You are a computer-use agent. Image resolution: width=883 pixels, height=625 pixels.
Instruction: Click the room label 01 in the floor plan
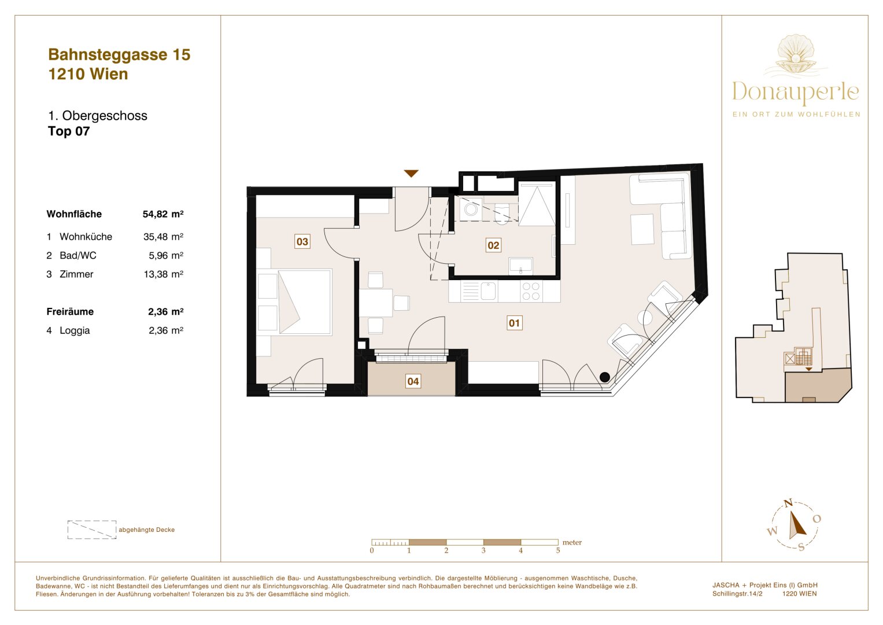click(514, 323)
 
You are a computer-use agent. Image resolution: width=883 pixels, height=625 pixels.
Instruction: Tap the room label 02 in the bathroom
click(493, 245)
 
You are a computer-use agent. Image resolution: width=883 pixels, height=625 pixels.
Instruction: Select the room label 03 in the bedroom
click(302, 241)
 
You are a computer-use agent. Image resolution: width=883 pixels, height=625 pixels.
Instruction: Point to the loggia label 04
click(413, 381)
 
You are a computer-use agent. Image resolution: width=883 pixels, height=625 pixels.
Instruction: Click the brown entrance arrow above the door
click(411, 174)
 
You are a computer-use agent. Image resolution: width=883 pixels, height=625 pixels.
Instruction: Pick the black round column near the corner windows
click(605, 377)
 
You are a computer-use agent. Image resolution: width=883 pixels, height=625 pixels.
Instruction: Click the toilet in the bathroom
click(502, 212)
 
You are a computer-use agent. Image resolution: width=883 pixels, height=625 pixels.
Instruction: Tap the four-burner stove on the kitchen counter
click(531, 291)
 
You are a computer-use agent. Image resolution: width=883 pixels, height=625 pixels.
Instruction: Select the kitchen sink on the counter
click(489, 291)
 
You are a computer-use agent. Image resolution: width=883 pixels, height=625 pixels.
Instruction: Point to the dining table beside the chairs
click(375, 303)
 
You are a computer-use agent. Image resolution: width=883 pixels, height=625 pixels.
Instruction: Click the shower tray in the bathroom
click(537, 204)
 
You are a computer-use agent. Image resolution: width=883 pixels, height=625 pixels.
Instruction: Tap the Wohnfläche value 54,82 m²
click(163, 214)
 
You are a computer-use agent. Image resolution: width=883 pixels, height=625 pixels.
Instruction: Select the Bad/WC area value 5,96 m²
click(166, 255)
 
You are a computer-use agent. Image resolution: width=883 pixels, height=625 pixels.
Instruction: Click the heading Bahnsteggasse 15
click(119, 54)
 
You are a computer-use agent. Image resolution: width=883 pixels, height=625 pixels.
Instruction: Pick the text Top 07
click(69, 131)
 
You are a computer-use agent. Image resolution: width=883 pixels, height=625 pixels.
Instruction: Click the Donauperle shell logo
click(796, 56)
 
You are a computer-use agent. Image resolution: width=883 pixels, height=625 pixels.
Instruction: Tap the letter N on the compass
click(788, 503)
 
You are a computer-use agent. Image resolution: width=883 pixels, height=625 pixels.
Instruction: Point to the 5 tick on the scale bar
click(558, 550)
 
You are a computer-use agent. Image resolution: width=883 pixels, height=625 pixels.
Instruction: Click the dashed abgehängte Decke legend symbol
click(92, 530)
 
